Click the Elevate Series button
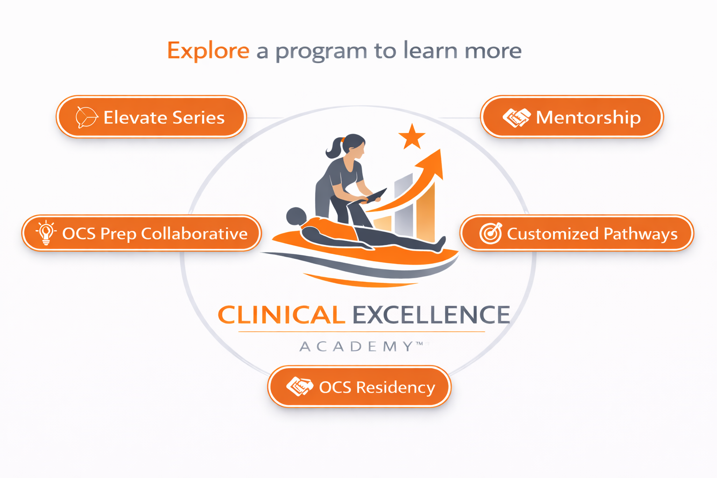click(151, 117)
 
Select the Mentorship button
click(572, 117)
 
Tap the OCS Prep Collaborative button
click(141, 233)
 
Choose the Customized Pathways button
click(577, 233)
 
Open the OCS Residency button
click(359, 387)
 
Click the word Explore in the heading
click(208, 50)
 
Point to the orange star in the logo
click(412, 137)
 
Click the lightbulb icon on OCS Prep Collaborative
click(46, 232)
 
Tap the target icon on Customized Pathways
click(490, 233)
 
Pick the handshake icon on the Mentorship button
click(516, 118)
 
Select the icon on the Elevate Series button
click(86, 117)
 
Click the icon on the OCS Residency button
click(299, 387)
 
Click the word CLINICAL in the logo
click(281, 315)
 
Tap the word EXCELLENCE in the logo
click(431, 315)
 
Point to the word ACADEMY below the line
click(357, 346)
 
